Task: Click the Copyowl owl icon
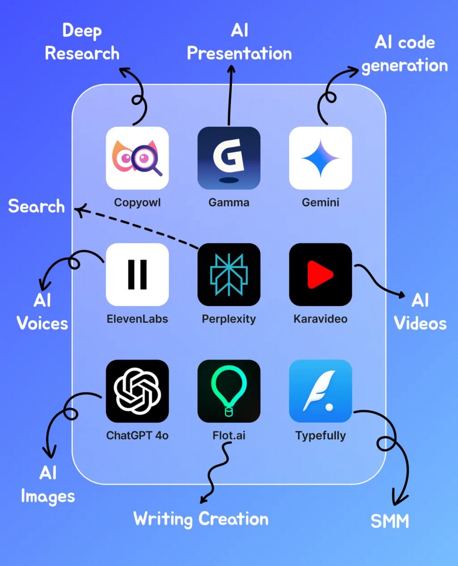click(x=137, y=158)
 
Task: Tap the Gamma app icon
click(x=229, y=158)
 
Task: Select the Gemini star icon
click(x=320, y=158)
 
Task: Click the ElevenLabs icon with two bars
click(x=137, y=275)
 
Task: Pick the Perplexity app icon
click(x=229, y=275)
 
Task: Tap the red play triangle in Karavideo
click(x=320, y=275)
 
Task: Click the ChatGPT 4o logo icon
click(x=137, y=391)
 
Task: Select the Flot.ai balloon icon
click(x=229, y=391)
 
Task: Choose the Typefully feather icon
click(x=320, y=391)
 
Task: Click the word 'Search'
click(x=36, y=206)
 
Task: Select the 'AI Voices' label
click(x=42, y=312)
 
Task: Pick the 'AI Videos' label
click(x=420, y=312)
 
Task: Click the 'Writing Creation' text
click(x=201, y=519)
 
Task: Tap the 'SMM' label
click(x=390, y=522)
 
